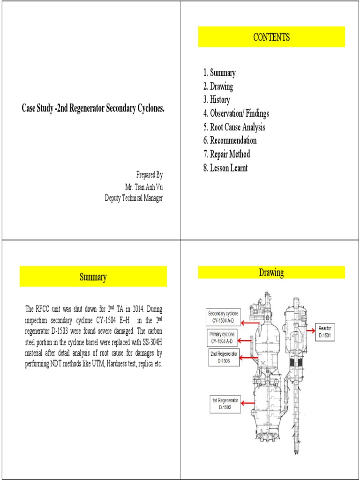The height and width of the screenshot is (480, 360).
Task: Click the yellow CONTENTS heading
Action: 271,37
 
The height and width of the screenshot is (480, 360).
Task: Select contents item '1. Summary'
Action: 219,73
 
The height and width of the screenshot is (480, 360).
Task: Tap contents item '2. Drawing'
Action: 218,86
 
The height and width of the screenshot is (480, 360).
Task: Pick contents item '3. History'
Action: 217,100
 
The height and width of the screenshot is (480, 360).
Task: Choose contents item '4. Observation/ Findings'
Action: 236,113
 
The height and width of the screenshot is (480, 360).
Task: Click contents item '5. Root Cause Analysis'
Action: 234,127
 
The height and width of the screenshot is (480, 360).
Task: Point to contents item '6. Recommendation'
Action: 230,141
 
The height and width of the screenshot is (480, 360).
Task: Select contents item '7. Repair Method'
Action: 226,154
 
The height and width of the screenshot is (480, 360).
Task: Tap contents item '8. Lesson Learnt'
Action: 225,168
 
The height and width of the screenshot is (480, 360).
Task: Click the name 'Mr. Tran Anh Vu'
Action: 143,187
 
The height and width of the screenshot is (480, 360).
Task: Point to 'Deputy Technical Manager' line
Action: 134,198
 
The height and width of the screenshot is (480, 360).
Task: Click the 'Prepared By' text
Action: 150,175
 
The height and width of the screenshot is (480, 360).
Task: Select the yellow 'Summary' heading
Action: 93,277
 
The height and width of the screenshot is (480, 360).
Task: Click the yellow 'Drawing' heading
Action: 271,272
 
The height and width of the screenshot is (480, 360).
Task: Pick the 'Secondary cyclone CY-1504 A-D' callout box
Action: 223,317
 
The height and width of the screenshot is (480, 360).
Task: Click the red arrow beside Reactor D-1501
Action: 311,330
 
